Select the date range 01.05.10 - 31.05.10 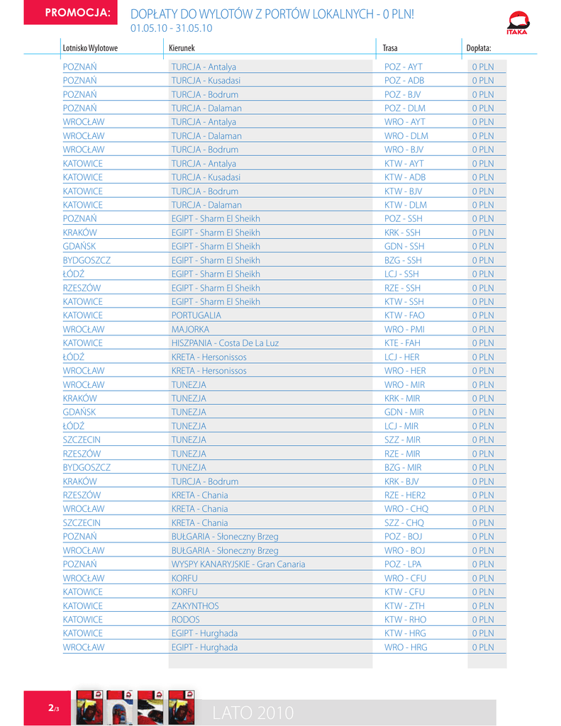[172, 28]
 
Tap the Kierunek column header [182, 48]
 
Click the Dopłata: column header [478, 48]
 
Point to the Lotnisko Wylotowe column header [90, 48]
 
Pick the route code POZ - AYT [403, 67]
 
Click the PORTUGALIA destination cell [196, 315]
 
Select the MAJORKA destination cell [190, 330]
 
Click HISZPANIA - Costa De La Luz [225, 343]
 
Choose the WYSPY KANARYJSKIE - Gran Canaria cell [238, 564]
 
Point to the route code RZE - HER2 [405, 496]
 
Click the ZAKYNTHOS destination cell [195, 606]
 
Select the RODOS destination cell [186, 620]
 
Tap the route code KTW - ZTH [404, 606]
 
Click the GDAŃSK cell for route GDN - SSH [79, 247]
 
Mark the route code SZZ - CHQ [404, 523]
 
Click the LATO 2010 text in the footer [253, 713]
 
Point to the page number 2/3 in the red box [54, 708]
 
